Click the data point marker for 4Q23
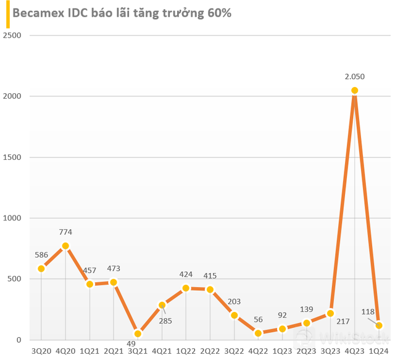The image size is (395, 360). (x=355, y=91)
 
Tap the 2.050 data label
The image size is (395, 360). (x=355, y=76)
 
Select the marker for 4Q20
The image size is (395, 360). (x=65, y=246)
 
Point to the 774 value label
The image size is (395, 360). (x=65, y=232)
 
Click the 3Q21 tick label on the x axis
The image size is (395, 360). (x=138, y=351)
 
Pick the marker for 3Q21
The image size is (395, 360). (x=138, y=333)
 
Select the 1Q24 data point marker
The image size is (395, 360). (x=379, y=325)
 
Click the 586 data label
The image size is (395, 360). (x=41, y=254)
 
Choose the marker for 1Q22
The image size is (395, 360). (x=186, y=288)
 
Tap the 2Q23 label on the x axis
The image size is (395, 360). (x=307, y=351)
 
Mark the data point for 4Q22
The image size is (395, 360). (x=258, y=333)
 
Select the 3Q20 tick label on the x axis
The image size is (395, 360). (x=41, y=351)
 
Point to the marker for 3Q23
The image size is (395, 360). (x=331, y=314)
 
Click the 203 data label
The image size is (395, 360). (x=235, y=301)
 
